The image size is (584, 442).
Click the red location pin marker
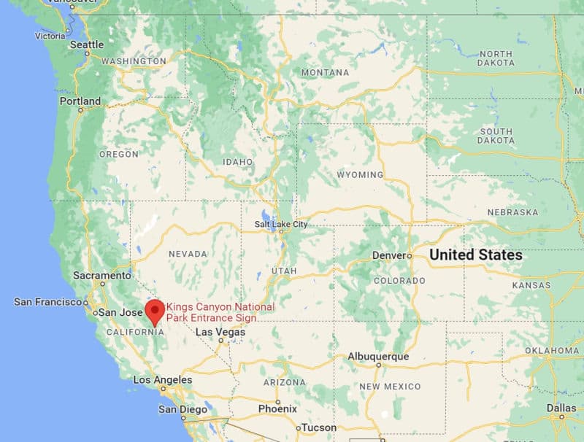[x=155, y=311]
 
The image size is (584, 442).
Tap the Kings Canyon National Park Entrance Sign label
[x=211, y=312]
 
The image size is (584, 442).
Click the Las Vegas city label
[x=220, y=331]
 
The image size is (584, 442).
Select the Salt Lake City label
[x=280, y=224]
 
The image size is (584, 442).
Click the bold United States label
[x=475, y=255]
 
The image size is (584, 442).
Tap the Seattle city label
[x=87, y=44]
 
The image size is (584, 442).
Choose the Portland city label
[x=80, y=101]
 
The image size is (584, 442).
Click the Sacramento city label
[x=101, y=276]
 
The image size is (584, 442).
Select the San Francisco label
[x=48, y=301]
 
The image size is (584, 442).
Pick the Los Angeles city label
[x=162, y=379]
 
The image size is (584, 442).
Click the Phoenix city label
[x=277, y=408]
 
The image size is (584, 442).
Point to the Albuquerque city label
[x=377, y=357]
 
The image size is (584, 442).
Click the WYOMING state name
[x=359, y=175]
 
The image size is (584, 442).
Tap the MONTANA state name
[x=325, y=72]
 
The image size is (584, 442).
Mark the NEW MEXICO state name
[x=390, y=386]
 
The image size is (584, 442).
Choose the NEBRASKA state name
[x=513, y=212]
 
